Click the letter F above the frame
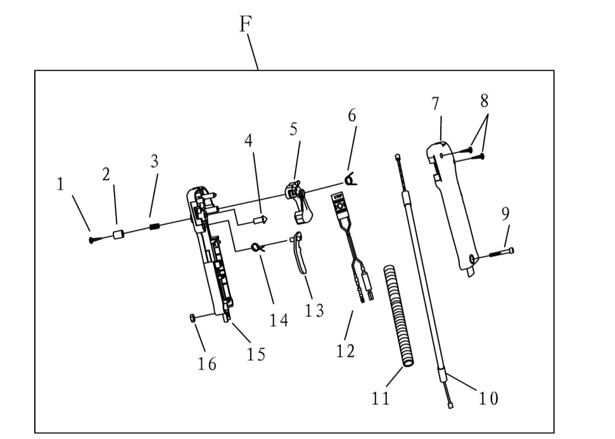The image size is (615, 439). (246, 24)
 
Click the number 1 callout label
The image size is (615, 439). (61, 185)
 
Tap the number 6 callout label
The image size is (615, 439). (352, 115)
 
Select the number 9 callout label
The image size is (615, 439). (505, 214)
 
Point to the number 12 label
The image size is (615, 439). (346, 350)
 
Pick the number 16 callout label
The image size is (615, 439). (207, 364)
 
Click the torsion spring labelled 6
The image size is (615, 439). (350, 181)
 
